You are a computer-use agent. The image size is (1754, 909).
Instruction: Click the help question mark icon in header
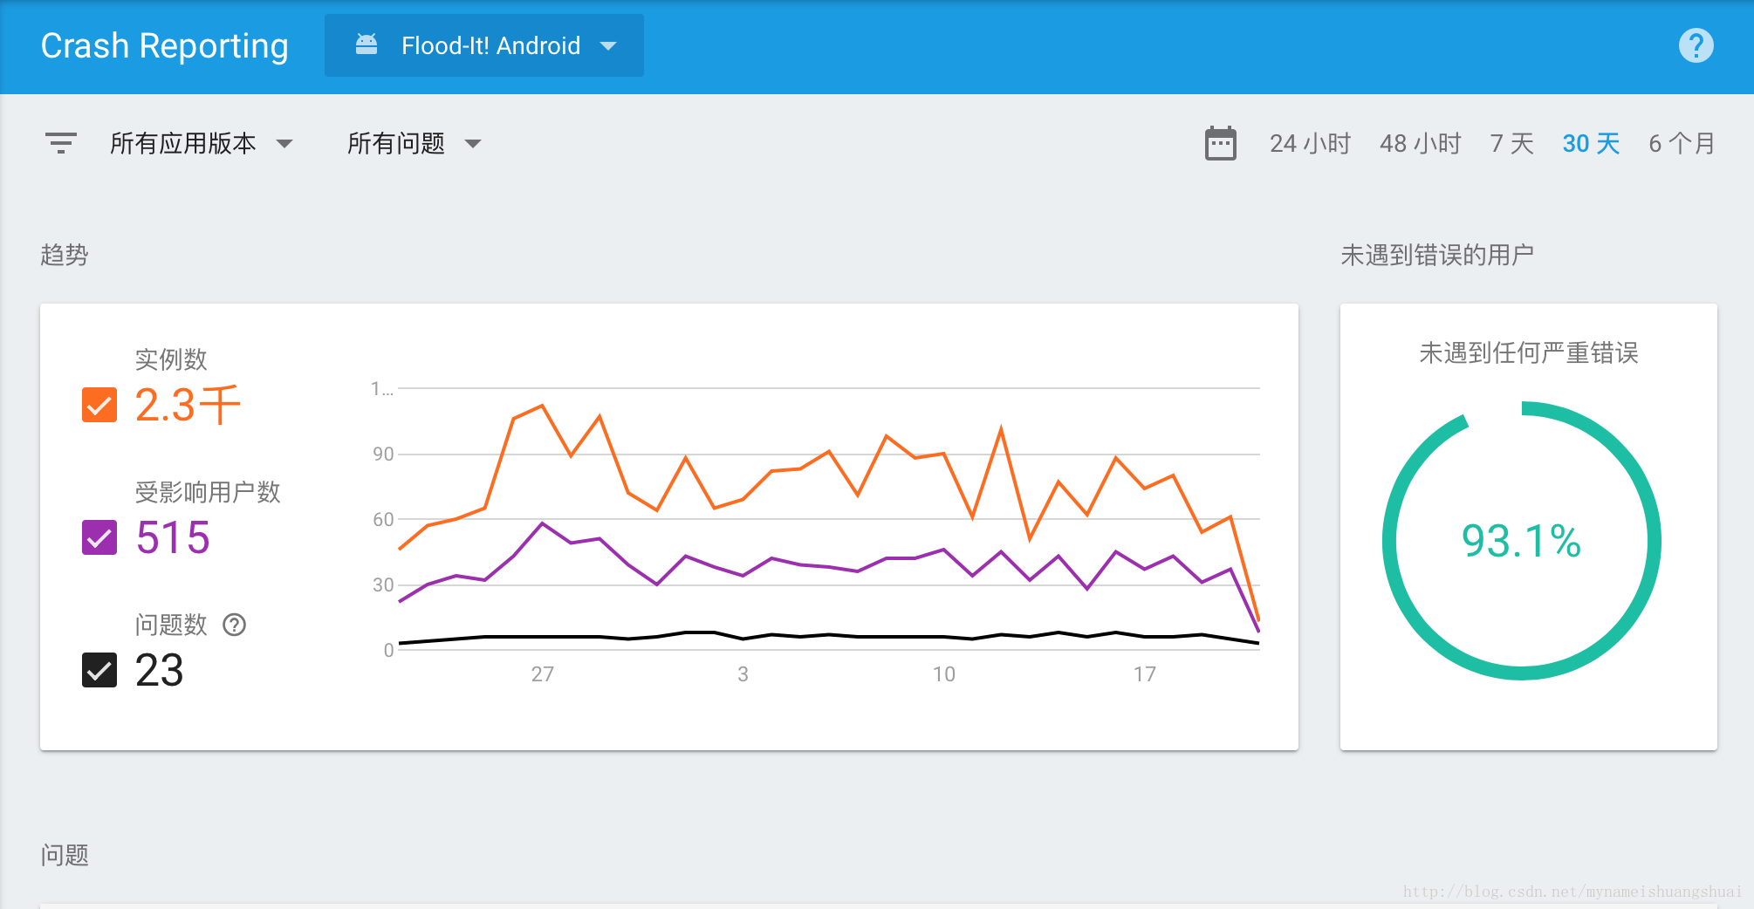coord(1696,45)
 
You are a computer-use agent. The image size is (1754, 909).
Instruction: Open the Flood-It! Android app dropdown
coord(484,45)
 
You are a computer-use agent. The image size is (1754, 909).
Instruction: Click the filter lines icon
coord(61,143)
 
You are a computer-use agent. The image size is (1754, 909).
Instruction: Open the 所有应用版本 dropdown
coord(201,143)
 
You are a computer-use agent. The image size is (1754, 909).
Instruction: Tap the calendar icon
coord(1220,143)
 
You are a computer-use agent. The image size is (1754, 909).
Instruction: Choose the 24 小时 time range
coord(1310,143)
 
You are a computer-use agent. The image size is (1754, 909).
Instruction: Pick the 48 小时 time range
coord(1420,143)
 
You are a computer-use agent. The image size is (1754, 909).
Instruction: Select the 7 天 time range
coord(1511,143)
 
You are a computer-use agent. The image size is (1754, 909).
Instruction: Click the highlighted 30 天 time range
coord(1591,143)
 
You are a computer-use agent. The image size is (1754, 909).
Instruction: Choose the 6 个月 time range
coord(1682,143)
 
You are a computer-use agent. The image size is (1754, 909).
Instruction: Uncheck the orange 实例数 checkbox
coord(99,405)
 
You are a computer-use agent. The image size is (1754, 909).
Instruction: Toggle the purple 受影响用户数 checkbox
coord(99,537)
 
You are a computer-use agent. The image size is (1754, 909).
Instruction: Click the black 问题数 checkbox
coord(99,670)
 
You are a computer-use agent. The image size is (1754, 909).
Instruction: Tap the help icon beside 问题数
coord(235,625)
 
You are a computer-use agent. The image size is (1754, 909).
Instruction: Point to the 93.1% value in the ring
coord(1521,541)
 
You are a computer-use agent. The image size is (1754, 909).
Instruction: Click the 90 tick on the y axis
coord(383,454)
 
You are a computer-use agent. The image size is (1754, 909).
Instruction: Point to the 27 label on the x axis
coord(542,673)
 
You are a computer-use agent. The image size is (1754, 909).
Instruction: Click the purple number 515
coord(173,537)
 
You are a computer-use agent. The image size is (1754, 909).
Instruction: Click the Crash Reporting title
coord(164,45)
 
